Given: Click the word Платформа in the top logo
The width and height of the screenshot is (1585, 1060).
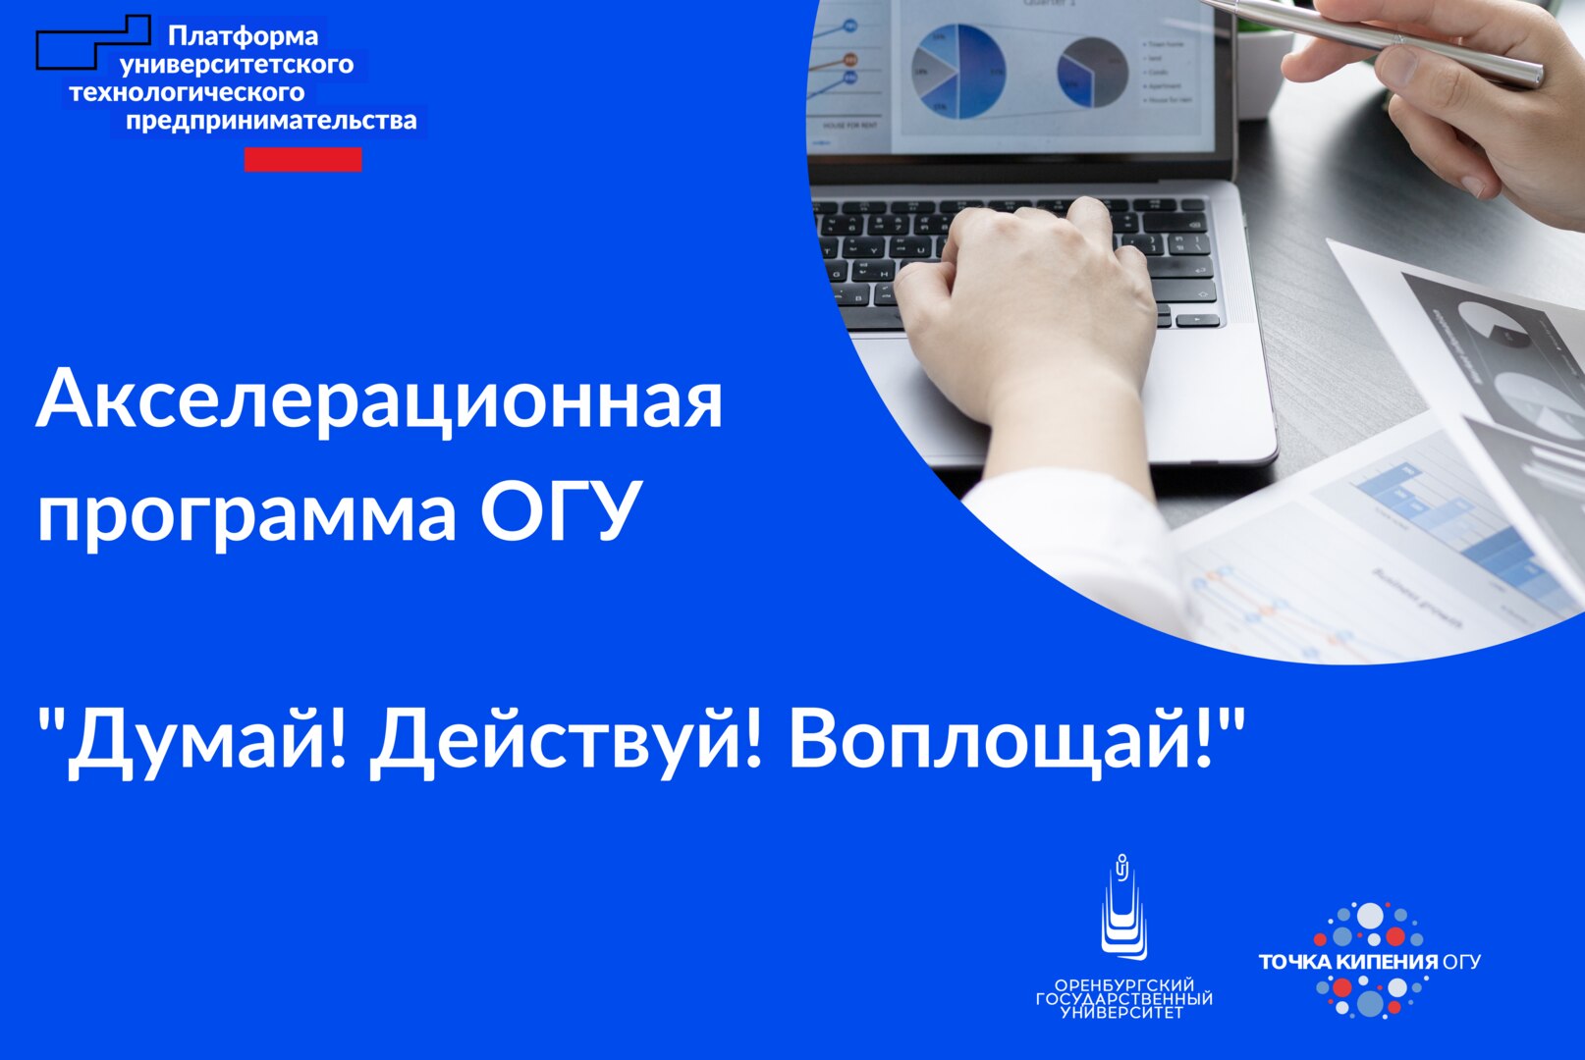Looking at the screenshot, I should pyautogui.click(x=243, y=37).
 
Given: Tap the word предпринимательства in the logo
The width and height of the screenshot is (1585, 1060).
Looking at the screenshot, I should pyautogui.click(x=271, y=122).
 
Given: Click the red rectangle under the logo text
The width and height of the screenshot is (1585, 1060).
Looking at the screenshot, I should pyautogui.click(x=302, y=160).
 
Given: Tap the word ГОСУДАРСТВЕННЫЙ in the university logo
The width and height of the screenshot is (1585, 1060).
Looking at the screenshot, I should pyautogui.click(x=1124, y=999).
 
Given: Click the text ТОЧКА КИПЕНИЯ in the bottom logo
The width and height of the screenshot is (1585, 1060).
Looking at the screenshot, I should pyautogui.click(x=1347, y=962).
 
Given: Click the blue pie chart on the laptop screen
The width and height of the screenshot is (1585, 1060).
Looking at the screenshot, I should pyautogui.click(x=958, y=71).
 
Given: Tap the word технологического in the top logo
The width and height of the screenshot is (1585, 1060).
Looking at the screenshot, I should pyautogui.click(x=187, y=93).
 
